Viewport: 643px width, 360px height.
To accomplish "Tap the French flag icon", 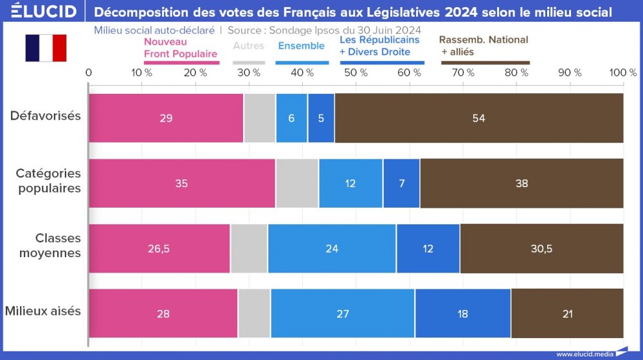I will [46, 48].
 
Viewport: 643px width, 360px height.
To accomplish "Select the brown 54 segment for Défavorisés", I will [478, 118].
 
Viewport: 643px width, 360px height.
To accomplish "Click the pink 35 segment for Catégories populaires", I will [181, 183].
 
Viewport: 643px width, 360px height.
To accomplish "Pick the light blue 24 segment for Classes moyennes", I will [332, 249].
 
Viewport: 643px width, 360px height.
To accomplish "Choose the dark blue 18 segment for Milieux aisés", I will [462, 314].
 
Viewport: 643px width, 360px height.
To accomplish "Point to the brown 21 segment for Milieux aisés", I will [566, 314].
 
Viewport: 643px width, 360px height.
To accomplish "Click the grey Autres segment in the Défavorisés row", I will [259, 118].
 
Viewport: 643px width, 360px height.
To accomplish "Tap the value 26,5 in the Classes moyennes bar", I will [158, 249].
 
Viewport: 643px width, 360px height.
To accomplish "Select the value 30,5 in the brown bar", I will [541, 249].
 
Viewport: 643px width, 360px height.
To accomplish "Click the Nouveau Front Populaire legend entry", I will [181, 48].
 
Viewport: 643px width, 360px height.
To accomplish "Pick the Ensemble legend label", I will [302, 46].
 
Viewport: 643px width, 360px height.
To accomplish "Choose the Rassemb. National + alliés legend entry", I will [484, 45].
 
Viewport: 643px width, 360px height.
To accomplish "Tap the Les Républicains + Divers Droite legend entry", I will [379, 46].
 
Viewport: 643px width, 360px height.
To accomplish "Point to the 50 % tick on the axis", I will [356, 73].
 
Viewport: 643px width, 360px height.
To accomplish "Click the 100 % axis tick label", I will [622, 73].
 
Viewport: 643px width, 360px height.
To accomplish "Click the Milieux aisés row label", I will [43, 311].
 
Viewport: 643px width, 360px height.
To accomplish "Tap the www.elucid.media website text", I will [584, 354].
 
